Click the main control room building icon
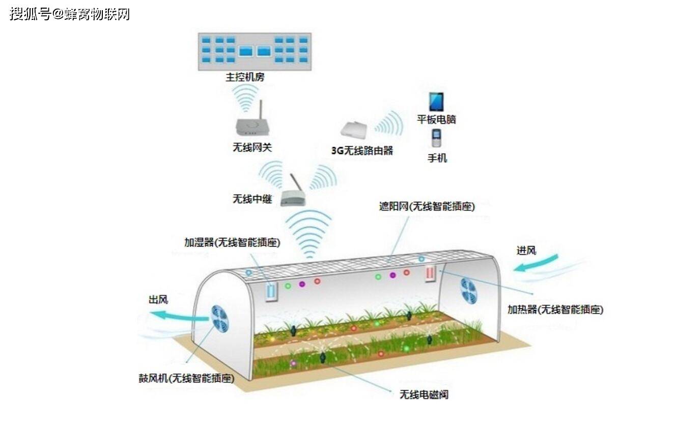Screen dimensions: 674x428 coord(255,51)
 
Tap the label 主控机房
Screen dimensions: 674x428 coord(245,77)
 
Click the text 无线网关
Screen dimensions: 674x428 coord(252,147)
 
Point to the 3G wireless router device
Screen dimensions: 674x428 coord(354,130)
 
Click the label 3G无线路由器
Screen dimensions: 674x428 coord(362,150)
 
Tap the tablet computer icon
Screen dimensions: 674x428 coord(436,102)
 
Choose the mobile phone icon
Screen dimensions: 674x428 coord(436,138)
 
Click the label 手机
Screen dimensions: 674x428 coord(437,158)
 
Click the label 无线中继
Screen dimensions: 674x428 coord(252,199)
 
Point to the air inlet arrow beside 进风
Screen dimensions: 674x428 coord(536,262)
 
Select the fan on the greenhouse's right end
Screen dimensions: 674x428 coord(468,291)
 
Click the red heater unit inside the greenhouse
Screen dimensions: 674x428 coord(431,274)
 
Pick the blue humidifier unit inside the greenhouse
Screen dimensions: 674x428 coord(271,291)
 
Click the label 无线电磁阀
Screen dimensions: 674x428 coord(424,394)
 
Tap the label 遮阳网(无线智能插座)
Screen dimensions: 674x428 coord(427,206)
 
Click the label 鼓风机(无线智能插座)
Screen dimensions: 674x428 coord(186,378)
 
